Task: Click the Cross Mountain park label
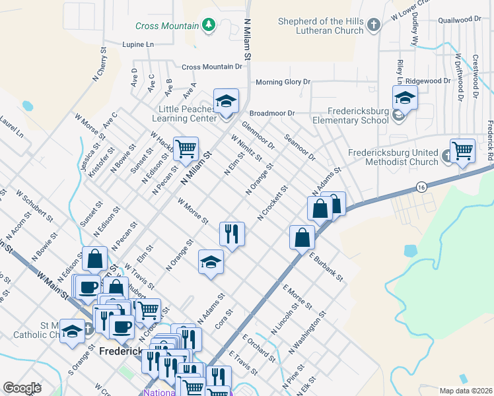tap(167, 26)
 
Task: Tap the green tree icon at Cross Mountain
tap(209, 25)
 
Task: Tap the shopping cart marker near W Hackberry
tap(186, 148)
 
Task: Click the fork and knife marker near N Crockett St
tap(232, 234)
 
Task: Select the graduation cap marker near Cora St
tap(211, 262)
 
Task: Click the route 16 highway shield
tap(421, 188)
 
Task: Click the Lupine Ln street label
tap(137, 44)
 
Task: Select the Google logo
tap(22, 387)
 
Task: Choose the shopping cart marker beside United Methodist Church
tap(462, 151)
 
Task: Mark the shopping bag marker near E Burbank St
tap(302, 238)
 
